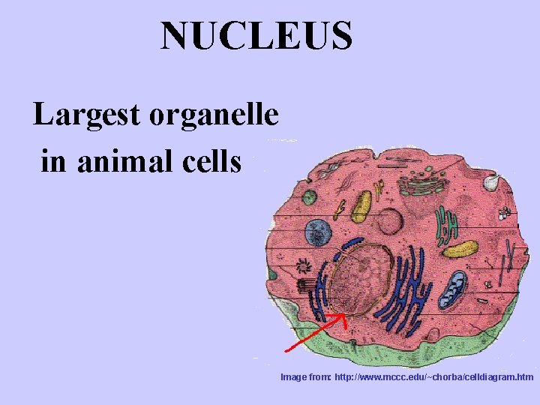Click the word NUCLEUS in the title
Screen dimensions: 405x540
[x=256, y=35]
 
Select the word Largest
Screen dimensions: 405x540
[x=87, y=115]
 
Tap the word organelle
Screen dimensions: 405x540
[x=214, y=115]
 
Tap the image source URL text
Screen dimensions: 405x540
[x=434, y=376]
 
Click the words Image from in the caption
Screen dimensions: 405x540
[x=305, y=376]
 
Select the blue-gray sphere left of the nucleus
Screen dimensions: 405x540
[x=318, y=232]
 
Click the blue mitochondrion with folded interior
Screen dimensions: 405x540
[x=453, y=289]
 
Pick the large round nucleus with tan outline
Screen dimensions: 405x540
[x=364, y=277]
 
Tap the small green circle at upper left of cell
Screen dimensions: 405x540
[x=310, y=197]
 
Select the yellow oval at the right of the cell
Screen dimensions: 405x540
[x=460, y=248]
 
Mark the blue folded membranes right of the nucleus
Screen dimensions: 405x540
[x=409, y=280]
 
